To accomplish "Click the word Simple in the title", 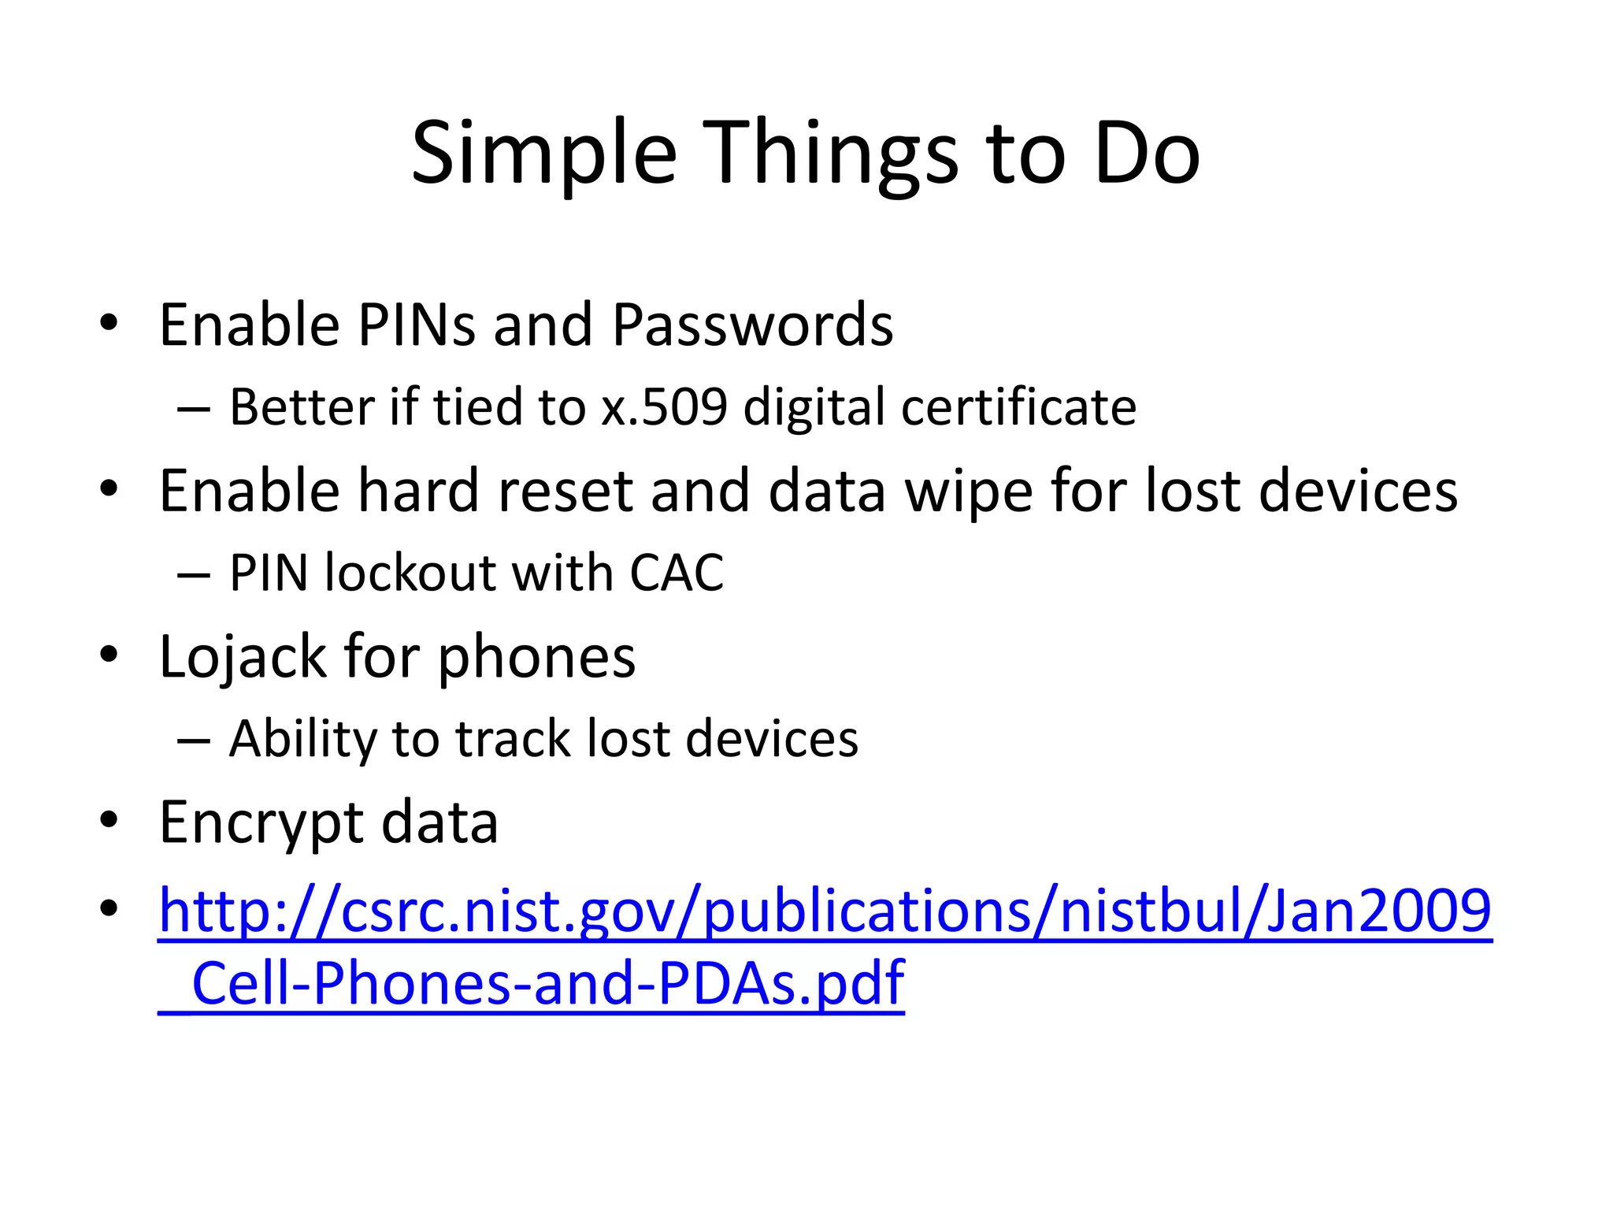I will pos(543,154).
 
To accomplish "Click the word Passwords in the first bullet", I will pos(752,325).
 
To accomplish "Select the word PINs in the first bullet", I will pos(416,325).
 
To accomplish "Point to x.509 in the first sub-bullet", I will pos(664,407).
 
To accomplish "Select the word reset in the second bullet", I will pos(565,491).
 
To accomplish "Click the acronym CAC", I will pos(676,573).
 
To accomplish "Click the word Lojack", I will pos(243,657).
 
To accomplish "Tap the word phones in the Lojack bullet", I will pos(536,657).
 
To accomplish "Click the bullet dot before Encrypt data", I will pos(109,819).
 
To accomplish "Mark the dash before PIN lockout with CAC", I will pos(194,575).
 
